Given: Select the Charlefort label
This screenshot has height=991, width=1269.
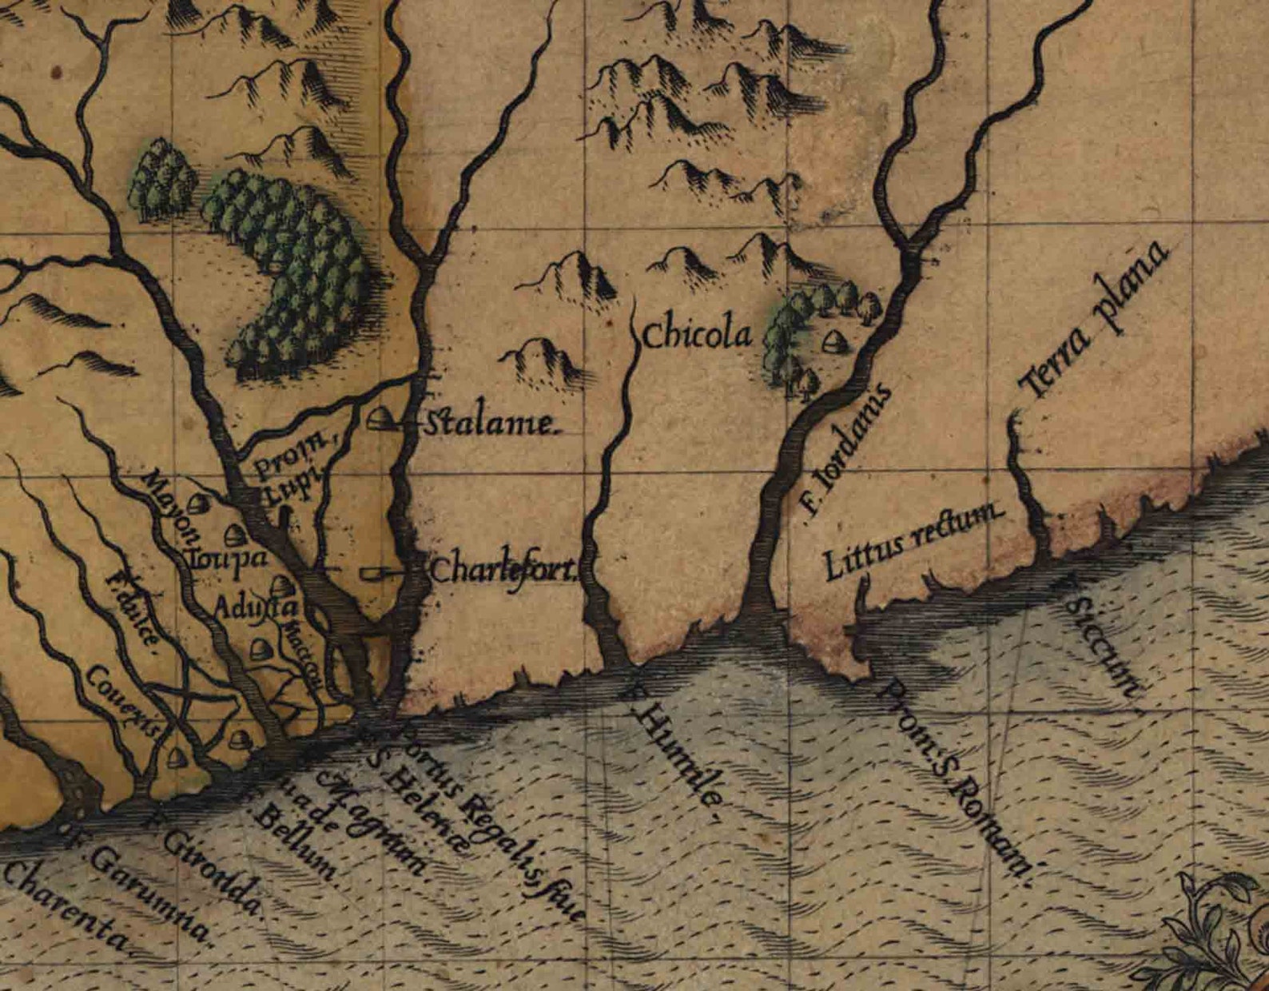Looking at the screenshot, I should tap(503, 571).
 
